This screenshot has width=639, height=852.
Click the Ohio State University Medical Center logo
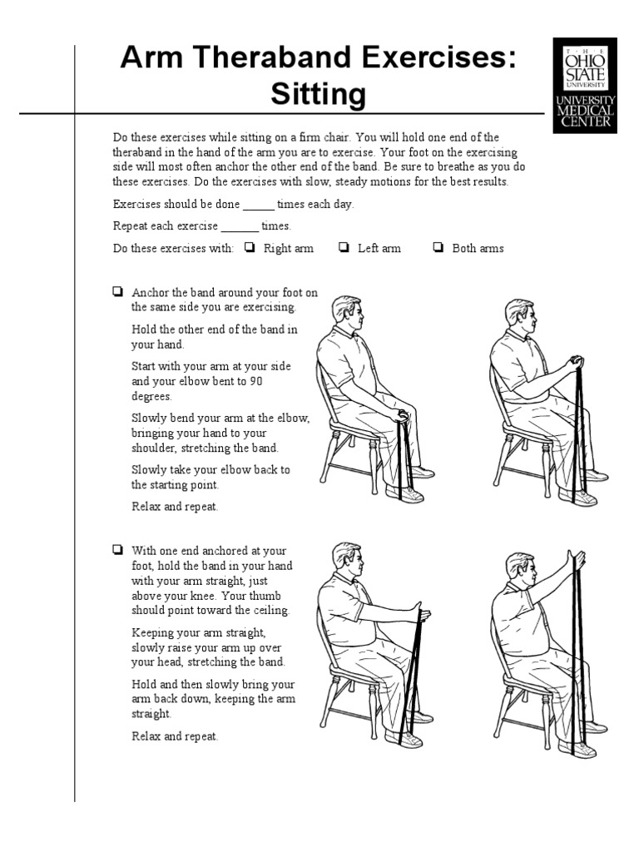(585, 86)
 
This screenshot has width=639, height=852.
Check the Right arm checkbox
(250, 247)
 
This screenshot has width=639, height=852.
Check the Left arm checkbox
(344, 247)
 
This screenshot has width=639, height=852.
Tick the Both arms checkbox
(438, 247)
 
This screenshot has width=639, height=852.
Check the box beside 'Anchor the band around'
(117, 292)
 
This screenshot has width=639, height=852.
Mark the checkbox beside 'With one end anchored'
(117, 549)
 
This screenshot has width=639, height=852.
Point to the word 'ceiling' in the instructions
(270, 610)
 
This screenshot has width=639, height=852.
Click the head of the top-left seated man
(348, 315)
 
